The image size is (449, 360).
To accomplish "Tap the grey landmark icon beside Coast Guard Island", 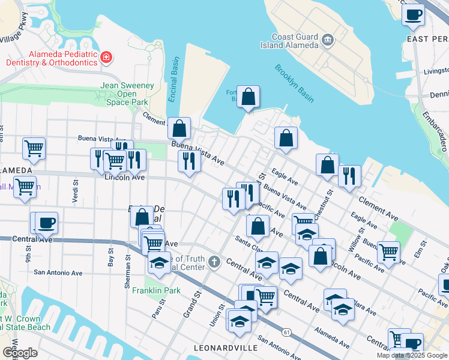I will click(328, 40).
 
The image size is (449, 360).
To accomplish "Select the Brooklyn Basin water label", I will click(295, 82).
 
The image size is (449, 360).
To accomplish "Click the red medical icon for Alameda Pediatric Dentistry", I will click(106, 58).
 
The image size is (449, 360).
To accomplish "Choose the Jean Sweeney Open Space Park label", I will click(127, 94).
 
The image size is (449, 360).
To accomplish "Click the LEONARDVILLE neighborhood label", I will click(226, 348).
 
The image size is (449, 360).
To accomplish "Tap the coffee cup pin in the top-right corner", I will click(413, 14).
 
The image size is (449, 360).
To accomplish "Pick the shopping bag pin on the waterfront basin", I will click(248, 97).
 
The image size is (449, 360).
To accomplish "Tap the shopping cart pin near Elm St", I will click(388, 251).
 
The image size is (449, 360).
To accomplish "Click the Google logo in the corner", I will click(20, 353).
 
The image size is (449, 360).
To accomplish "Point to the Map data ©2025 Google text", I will click(411, 355).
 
